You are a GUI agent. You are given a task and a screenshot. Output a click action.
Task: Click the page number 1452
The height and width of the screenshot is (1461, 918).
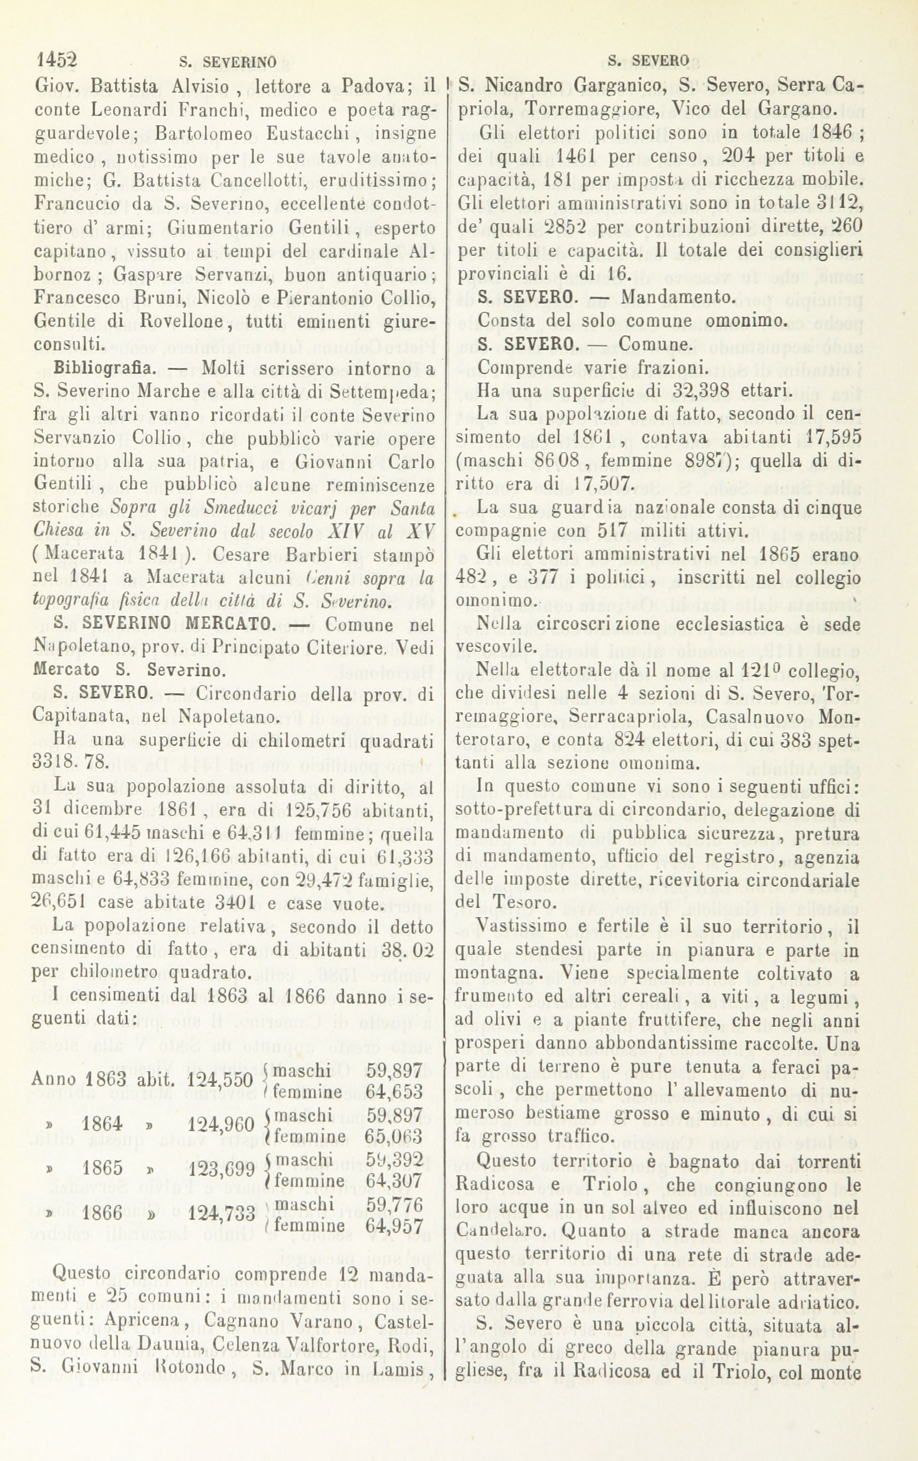click(59, 60)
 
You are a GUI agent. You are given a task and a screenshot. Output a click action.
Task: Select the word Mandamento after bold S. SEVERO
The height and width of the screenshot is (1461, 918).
click(678, 297)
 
